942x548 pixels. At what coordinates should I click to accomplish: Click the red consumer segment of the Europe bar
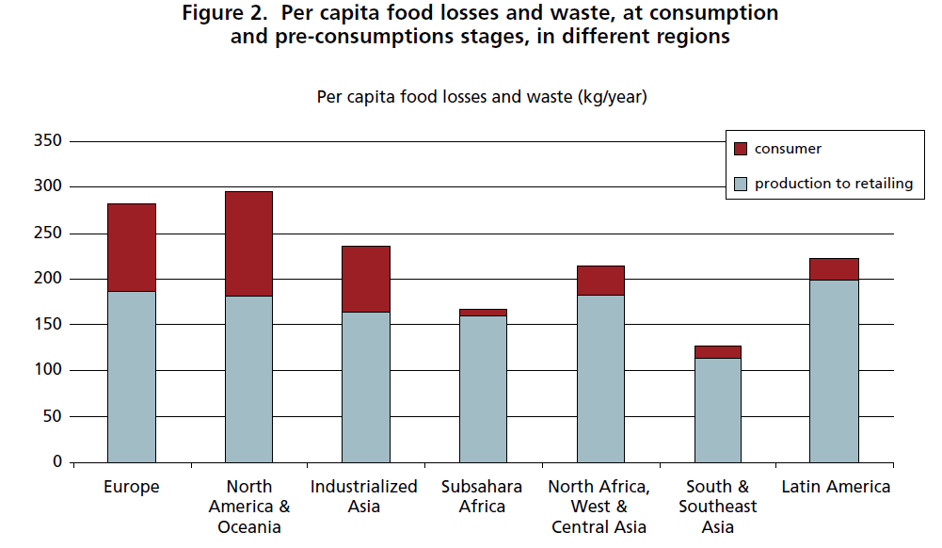point(132,247)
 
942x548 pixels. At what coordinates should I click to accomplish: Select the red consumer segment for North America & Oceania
point(248,243)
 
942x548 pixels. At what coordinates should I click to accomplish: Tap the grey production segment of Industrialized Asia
point(365,386)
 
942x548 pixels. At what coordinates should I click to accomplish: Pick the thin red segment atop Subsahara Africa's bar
point(483,312)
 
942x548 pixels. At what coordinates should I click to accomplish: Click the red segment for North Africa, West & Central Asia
point(600,281)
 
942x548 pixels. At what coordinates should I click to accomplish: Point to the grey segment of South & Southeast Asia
point(717,410)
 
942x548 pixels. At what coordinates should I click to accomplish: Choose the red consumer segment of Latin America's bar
point(834,269)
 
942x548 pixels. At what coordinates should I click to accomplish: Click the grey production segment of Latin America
point(834,371)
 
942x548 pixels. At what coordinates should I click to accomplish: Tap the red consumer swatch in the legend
point(740,149)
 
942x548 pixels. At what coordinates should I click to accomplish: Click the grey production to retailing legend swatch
point(740,184)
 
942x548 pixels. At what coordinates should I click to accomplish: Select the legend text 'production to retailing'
point(833,184)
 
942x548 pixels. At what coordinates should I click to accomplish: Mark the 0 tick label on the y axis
point(57,462)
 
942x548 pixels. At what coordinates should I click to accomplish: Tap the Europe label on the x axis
point(132,487)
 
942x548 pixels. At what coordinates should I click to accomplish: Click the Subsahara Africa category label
point(483,496)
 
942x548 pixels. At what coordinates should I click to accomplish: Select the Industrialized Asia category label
point(365,496)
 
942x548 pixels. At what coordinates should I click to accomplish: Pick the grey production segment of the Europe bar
point(132,377)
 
